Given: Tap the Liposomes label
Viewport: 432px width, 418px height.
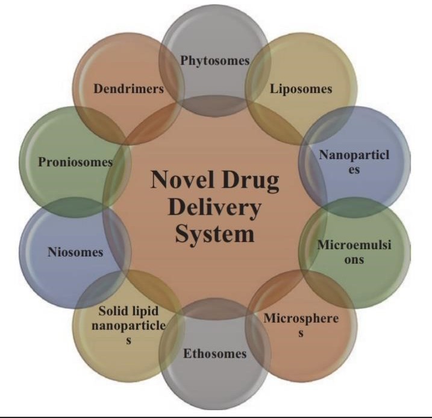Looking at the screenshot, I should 301,89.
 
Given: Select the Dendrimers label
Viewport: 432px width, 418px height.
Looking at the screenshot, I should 129,89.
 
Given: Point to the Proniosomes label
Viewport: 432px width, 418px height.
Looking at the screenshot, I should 75,162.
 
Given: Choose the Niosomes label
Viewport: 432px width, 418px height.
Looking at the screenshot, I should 75,253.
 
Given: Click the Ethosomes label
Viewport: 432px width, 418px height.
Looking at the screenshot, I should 215,353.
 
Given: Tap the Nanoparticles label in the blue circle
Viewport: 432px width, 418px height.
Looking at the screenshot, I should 354,162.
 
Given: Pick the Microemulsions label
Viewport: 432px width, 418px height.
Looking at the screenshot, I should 355,252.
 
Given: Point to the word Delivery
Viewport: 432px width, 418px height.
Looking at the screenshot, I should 214,207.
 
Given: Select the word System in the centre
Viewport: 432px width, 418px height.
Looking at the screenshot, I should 214,233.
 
